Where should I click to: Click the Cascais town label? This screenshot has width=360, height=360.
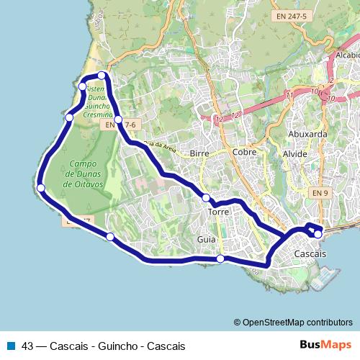[x=310, y=255]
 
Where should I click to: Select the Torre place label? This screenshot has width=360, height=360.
[x=218, y=212]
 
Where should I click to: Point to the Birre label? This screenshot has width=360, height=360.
[x=199, y=153]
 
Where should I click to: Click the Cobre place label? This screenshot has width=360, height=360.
[x=245, y=152]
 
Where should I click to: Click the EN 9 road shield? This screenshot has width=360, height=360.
[x=320, y=193]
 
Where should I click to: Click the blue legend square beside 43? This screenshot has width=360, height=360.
[x=9, y=346]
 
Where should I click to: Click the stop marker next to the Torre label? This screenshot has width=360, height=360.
[x=206, y=198]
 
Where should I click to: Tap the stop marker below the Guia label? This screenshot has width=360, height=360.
[x=220, y=258]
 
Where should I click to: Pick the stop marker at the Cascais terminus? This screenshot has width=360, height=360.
[x=318, y=234]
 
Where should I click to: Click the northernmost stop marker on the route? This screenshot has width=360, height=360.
[x=102, y=76]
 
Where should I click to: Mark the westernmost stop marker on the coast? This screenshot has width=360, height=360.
[x=41, y=189]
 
